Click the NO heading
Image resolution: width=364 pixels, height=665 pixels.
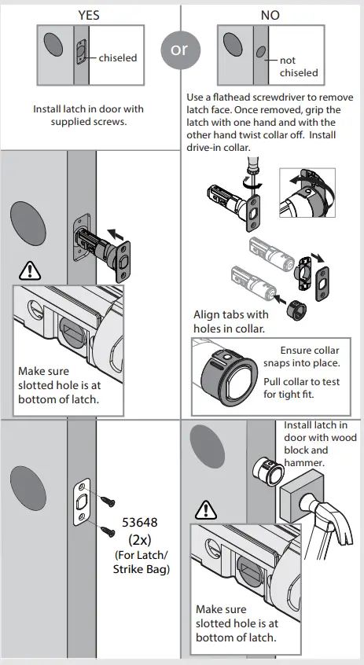coord(270,15)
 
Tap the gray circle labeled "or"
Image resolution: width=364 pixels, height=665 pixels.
coord(179,49)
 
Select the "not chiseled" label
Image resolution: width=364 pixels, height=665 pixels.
coord(299,67)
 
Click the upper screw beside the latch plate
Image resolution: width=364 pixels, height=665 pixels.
coord(108,495)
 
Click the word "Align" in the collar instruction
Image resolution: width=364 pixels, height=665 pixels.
coord(208,315)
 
